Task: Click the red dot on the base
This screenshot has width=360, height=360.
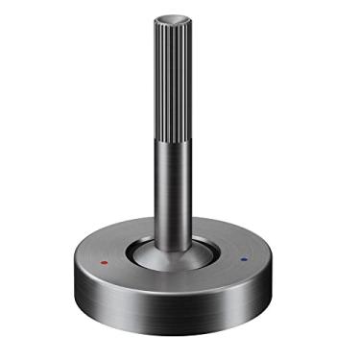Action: click(x=103, y=260)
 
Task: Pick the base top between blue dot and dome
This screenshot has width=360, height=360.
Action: click(x=228, y=257)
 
